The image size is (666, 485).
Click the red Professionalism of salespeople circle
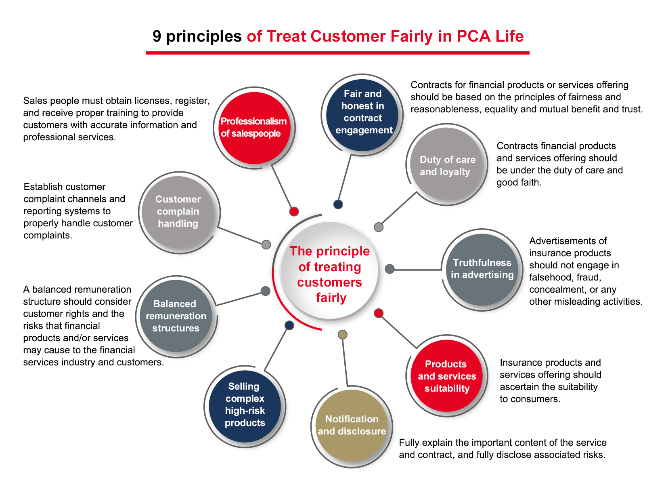pos(254,128)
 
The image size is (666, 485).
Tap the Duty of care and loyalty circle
pos(447,164)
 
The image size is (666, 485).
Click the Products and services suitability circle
pos(447,376)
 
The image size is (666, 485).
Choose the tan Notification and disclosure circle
pos(352,425)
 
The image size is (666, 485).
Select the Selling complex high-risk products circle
pos(245,406)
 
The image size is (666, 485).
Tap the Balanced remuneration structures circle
pos(176,316)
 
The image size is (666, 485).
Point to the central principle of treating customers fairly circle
pos(330,271)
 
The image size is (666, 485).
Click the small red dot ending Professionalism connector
pos(294,211)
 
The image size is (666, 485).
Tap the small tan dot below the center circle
pos(342,334)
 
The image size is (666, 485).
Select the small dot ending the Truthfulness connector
pos(390,269)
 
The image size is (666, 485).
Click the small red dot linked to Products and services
pos(379,313)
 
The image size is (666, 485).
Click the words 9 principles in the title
pos(197,36)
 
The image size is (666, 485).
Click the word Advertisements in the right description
pos(568,241)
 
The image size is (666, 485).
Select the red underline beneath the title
pos(337,53)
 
